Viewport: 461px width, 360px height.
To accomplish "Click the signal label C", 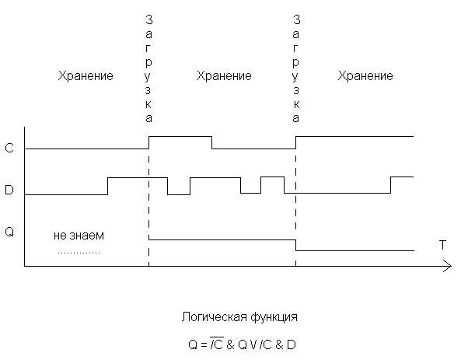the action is (9, 148).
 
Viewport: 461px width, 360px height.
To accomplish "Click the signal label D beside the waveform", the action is (9, 190).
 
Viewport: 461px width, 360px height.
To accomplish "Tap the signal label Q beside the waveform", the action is (9, 232).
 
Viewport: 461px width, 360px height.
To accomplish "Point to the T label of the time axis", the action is (442, 245).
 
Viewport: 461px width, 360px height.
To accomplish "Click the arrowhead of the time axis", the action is (448, 266).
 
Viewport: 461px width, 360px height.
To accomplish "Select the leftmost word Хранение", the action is (86, 76).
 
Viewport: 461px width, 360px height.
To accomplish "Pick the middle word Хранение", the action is (224, 76).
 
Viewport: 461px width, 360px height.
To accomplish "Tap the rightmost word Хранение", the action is (365, 76).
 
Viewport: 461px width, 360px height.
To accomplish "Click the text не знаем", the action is (79, 236).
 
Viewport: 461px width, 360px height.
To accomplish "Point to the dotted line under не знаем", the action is (79, 253).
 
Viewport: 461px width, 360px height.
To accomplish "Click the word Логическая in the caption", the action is (215, 317).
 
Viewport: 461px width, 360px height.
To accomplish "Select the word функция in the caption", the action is (274, 317).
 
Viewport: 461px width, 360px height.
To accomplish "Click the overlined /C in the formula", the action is (217, 344).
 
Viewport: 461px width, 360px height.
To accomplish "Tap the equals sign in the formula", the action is (204, 344).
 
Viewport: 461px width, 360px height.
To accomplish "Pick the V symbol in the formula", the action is (253, 344).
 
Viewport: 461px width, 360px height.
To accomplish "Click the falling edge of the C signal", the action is (212, 142).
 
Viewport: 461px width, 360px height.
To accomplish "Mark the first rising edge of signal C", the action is (148, 142).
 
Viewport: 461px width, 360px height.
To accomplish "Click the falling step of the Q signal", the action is (295, 245).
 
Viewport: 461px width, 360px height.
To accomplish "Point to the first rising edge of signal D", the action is (107, 186).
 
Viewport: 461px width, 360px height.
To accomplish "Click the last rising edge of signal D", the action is (391, 185).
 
